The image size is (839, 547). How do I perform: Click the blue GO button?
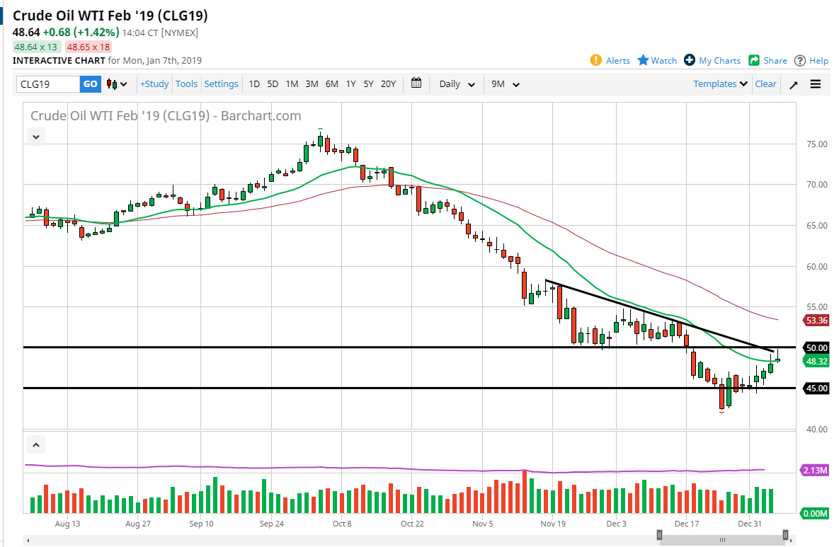tap(91, 84)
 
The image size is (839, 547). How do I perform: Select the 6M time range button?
tap(331, 84)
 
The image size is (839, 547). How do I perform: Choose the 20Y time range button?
tap(388, 84)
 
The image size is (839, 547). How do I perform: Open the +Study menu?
tap(154, 84)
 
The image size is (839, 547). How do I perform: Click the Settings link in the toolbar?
tap(221, 84)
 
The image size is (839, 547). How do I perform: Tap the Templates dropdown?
tap(720, 84)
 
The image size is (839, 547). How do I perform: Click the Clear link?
tap(765, 84)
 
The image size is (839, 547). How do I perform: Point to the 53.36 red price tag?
tap(816, 320)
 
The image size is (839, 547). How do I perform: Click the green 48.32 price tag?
tap(816, 361)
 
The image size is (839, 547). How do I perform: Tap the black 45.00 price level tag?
tap(816, 388)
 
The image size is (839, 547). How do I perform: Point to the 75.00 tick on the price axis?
tap(818, 144)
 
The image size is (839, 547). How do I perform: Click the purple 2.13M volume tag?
tap(815, 470)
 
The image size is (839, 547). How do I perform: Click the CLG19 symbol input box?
tap(48, 84)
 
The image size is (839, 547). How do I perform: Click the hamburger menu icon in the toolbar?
tap(816, 84)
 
